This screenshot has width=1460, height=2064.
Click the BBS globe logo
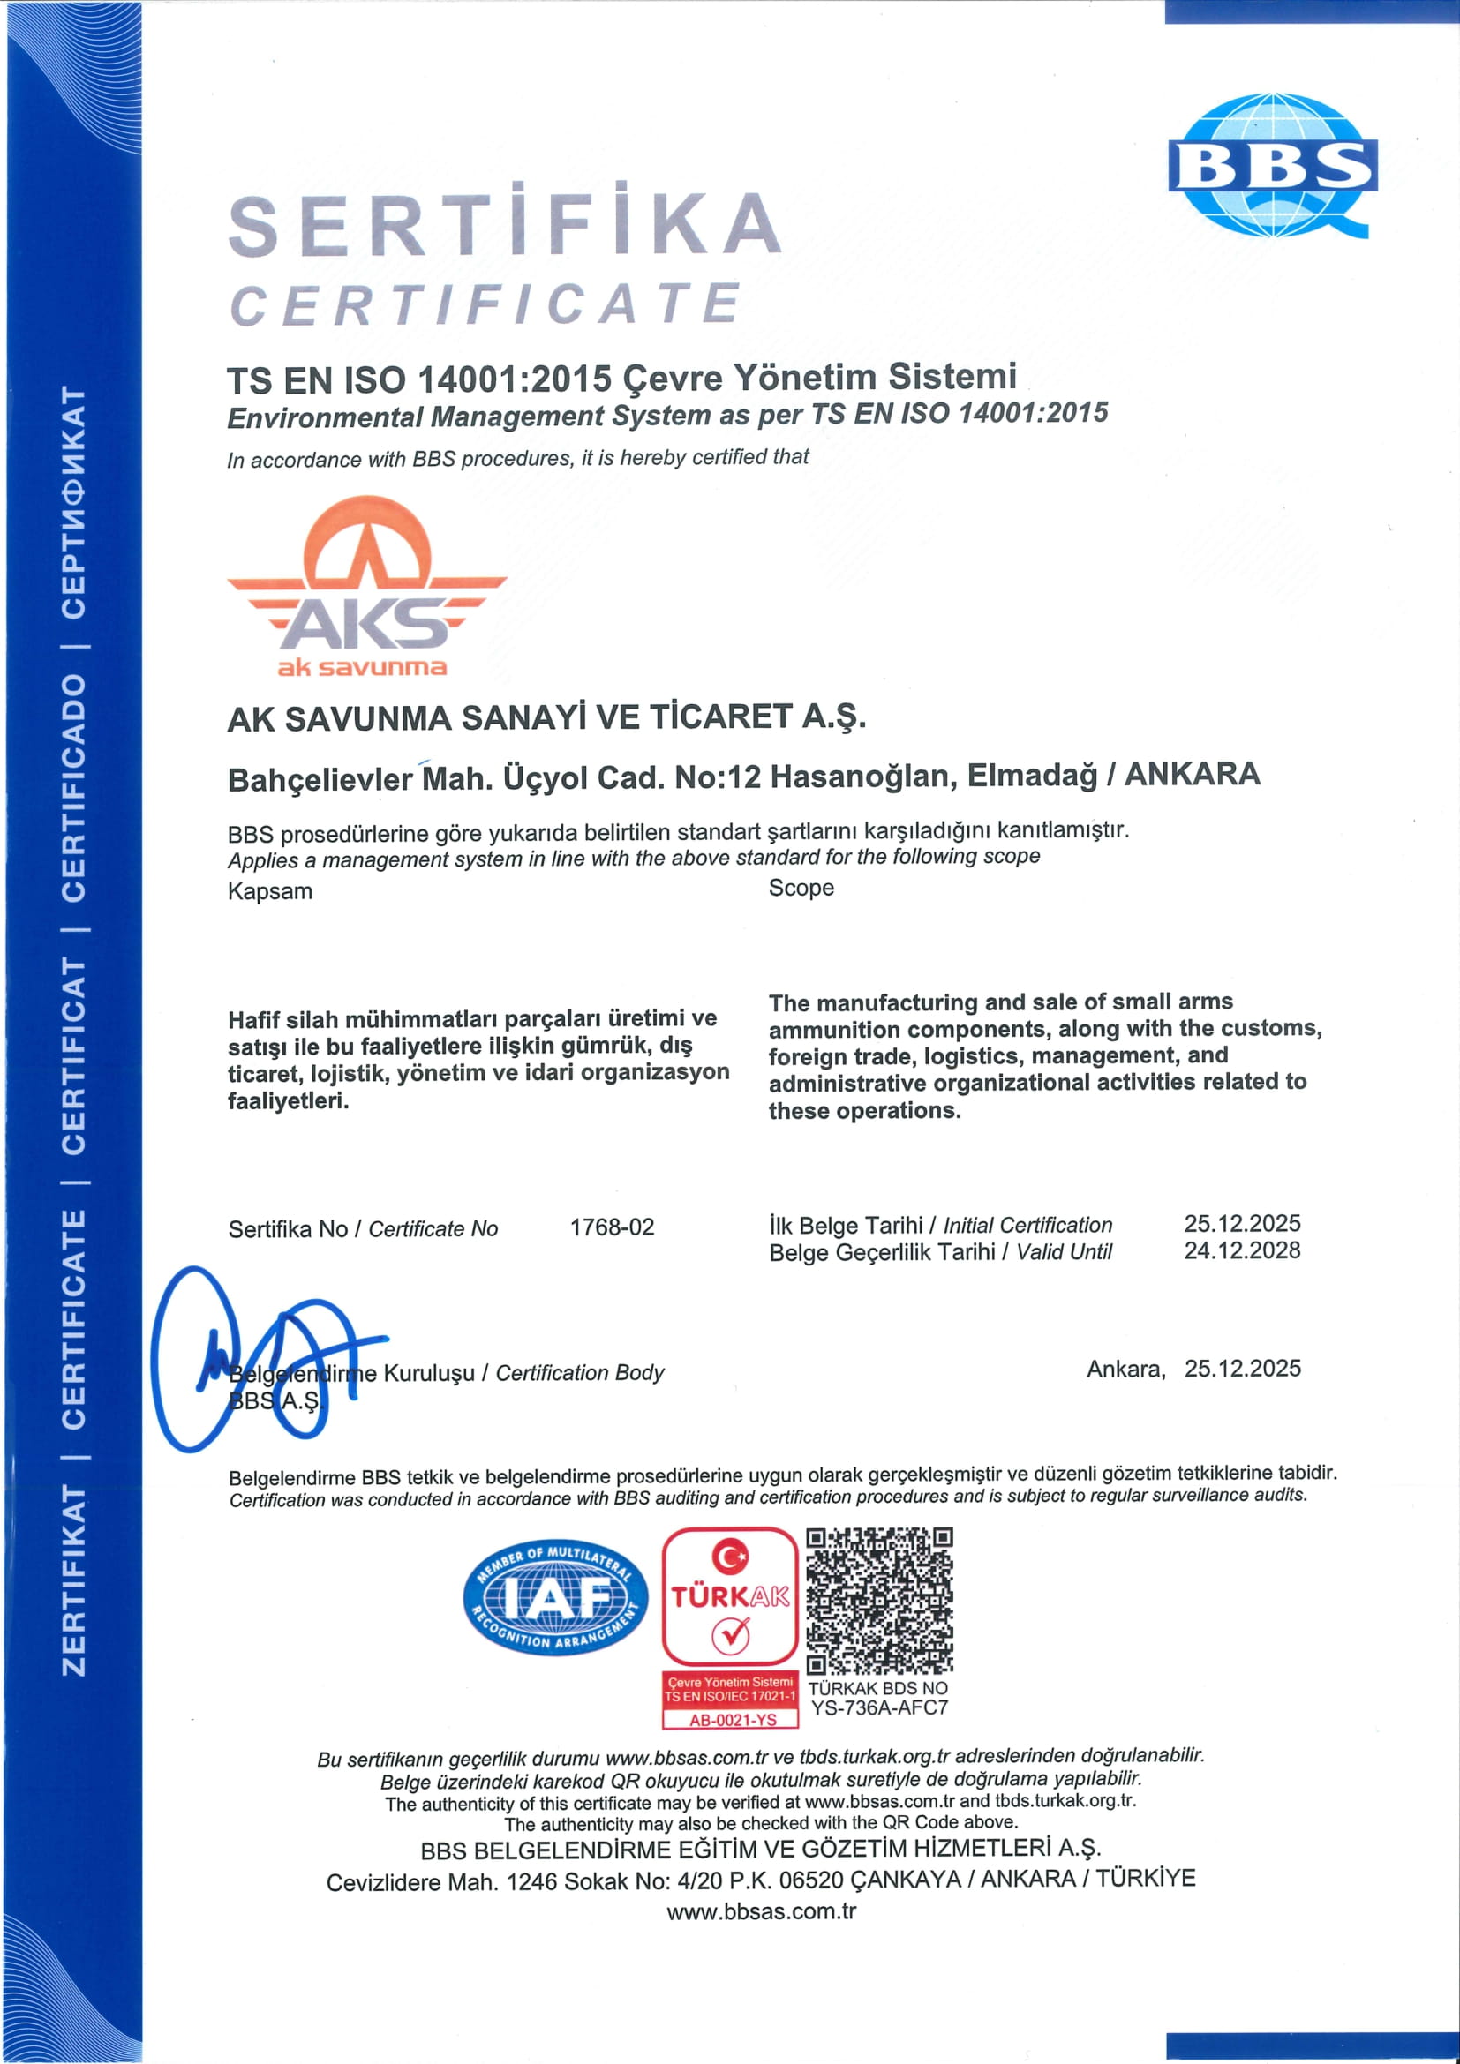(x=1272, y=166)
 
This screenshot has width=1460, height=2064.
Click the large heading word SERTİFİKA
(x=504, y=224)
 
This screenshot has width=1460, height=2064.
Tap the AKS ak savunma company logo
(x=367, y=586)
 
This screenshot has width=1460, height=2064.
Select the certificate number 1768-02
(x=612, y=1227)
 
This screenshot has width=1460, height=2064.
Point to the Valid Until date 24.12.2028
(x=1242, y=1250)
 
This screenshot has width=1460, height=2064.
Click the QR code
(x=878, y=1600)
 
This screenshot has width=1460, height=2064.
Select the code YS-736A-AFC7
(x=878, y=1708)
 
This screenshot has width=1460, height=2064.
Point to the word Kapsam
(x=270, y=892)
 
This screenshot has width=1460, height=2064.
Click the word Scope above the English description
(x=801, y=889)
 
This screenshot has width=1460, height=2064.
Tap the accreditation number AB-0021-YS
(x=732, y=1720)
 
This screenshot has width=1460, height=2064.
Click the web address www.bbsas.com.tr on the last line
(x=761, y=1912)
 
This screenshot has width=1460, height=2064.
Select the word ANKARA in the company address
(x=1192, y=774)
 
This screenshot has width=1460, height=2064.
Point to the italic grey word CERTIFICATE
(x=486, y=304)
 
